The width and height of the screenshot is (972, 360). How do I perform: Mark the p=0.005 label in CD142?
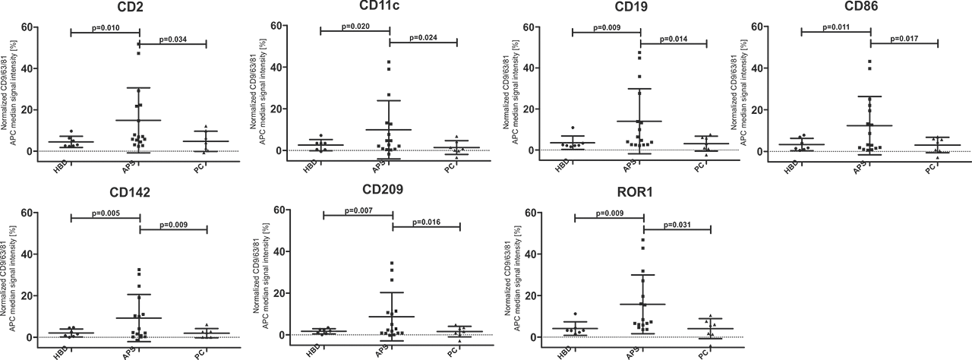(x=105, y=213)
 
